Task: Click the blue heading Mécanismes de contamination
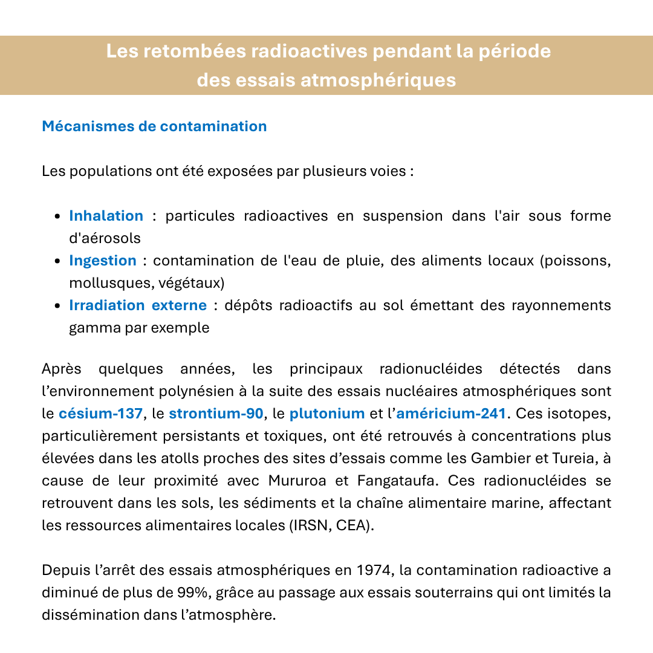tap(154, 126)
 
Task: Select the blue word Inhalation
tap(106, 216)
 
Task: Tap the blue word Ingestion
tap(103, 261)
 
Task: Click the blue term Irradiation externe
tap(138, 305)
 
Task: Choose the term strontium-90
tap(216, 414)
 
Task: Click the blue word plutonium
tap(327, 414)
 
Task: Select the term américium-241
tap(451, 414)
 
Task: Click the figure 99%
tap(192, 593)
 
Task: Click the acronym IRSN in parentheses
tap(304, 525)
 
